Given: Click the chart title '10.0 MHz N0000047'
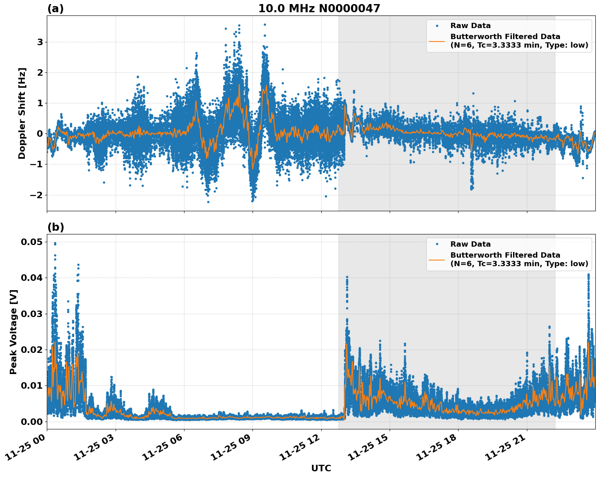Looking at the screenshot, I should click(x=319, y=9).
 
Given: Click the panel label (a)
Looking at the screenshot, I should click(x=55, y=9).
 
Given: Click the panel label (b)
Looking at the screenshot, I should click(x=55, y=227).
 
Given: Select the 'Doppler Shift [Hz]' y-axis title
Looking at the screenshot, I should click(x=22, y=113).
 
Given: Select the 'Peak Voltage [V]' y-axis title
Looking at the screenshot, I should click(x=13, y=332).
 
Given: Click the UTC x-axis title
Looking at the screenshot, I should click(x=321, y=468).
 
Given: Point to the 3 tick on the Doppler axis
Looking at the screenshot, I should click(x=40, y=42).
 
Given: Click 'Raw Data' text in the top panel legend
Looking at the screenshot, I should click(x=470, y=26).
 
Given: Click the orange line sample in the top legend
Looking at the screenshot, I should click(x=437, y=41).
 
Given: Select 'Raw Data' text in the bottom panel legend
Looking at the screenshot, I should click(x=470, y=244).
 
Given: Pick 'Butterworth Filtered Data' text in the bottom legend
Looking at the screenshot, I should click(x=505, y=255).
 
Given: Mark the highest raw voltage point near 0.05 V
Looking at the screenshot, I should click(x=55, y=243).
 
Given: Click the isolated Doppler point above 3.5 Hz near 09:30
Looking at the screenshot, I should click(x=265, y=24).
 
